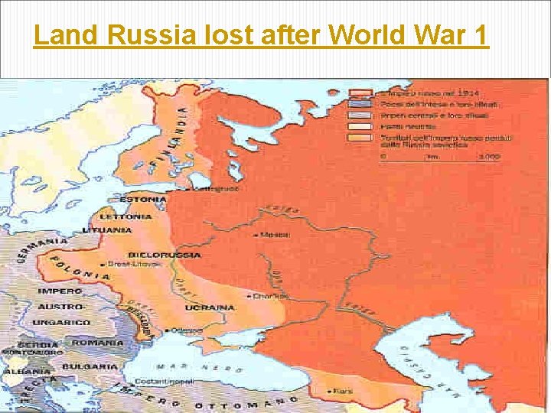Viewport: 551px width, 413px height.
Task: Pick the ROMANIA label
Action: click(x=97, y=343)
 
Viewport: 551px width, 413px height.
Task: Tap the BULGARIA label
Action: click(x=86, y=366)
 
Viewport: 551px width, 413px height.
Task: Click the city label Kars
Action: click(x=343, y=391)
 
